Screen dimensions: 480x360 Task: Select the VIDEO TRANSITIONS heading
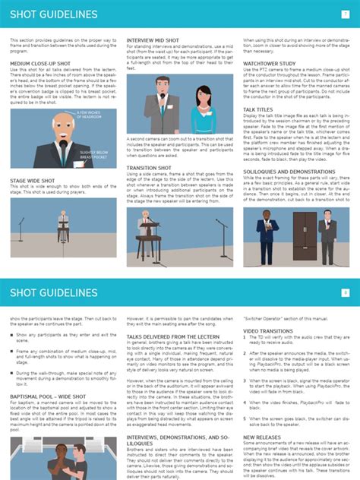click(267, 331)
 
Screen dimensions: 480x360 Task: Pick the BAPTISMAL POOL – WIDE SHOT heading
click(47, 396)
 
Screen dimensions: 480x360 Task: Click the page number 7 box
click(346, 14)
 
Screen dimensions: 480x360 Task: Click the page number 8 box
click(346, 292)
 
